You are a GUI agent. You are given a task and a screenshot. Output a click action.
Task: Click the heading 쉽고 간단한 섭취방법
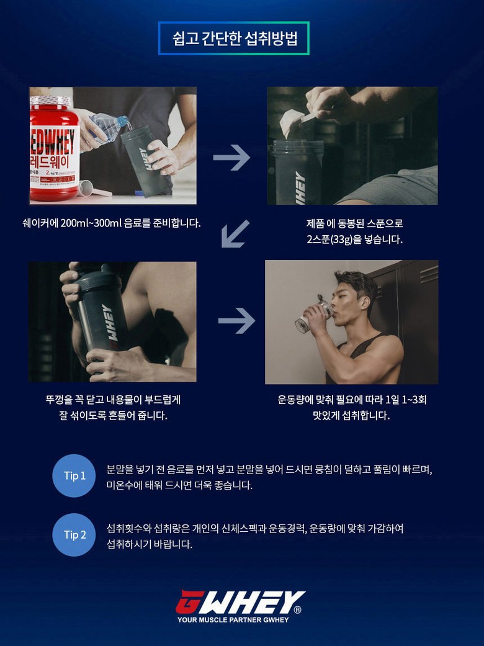click(x=235, y=38)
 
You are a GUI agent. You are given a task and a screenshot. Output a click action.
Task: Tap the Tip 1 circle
click(x=74, y=476)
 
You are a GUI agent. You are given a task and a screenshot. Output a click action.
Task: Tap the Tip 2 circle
click(x=74, y=535)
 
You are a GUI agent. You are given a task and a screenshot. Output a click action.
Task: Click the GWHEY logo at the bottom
click(x=240, y=603)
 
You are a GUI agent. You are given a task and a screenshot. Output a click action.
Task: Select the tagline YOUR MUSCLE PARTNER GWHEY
click(x=233, y=620)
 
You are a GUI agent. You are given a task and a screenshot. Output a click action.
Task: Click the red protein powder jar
click(x=55, y=149)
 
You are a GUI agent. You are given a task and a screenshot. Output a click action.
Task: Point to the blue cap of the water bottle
click(x=123, y=121)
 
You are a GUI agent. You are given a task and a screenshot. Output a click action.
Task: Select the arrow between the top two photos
click(x=231, y=157)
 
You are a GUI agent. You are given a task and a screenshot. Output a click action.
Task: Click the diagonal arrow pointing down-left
click(x=235, y=233)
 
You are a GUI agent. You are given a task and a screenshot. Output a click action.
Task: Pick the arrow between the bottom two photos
click(x=236, y=321)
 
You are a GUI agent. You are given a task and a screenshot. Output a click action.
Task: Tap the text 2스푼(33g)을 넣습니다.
click(x=355, y=240)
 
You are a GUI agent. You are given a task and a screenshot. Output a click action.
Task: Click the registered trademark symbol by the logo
click(x=297, y=609)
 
